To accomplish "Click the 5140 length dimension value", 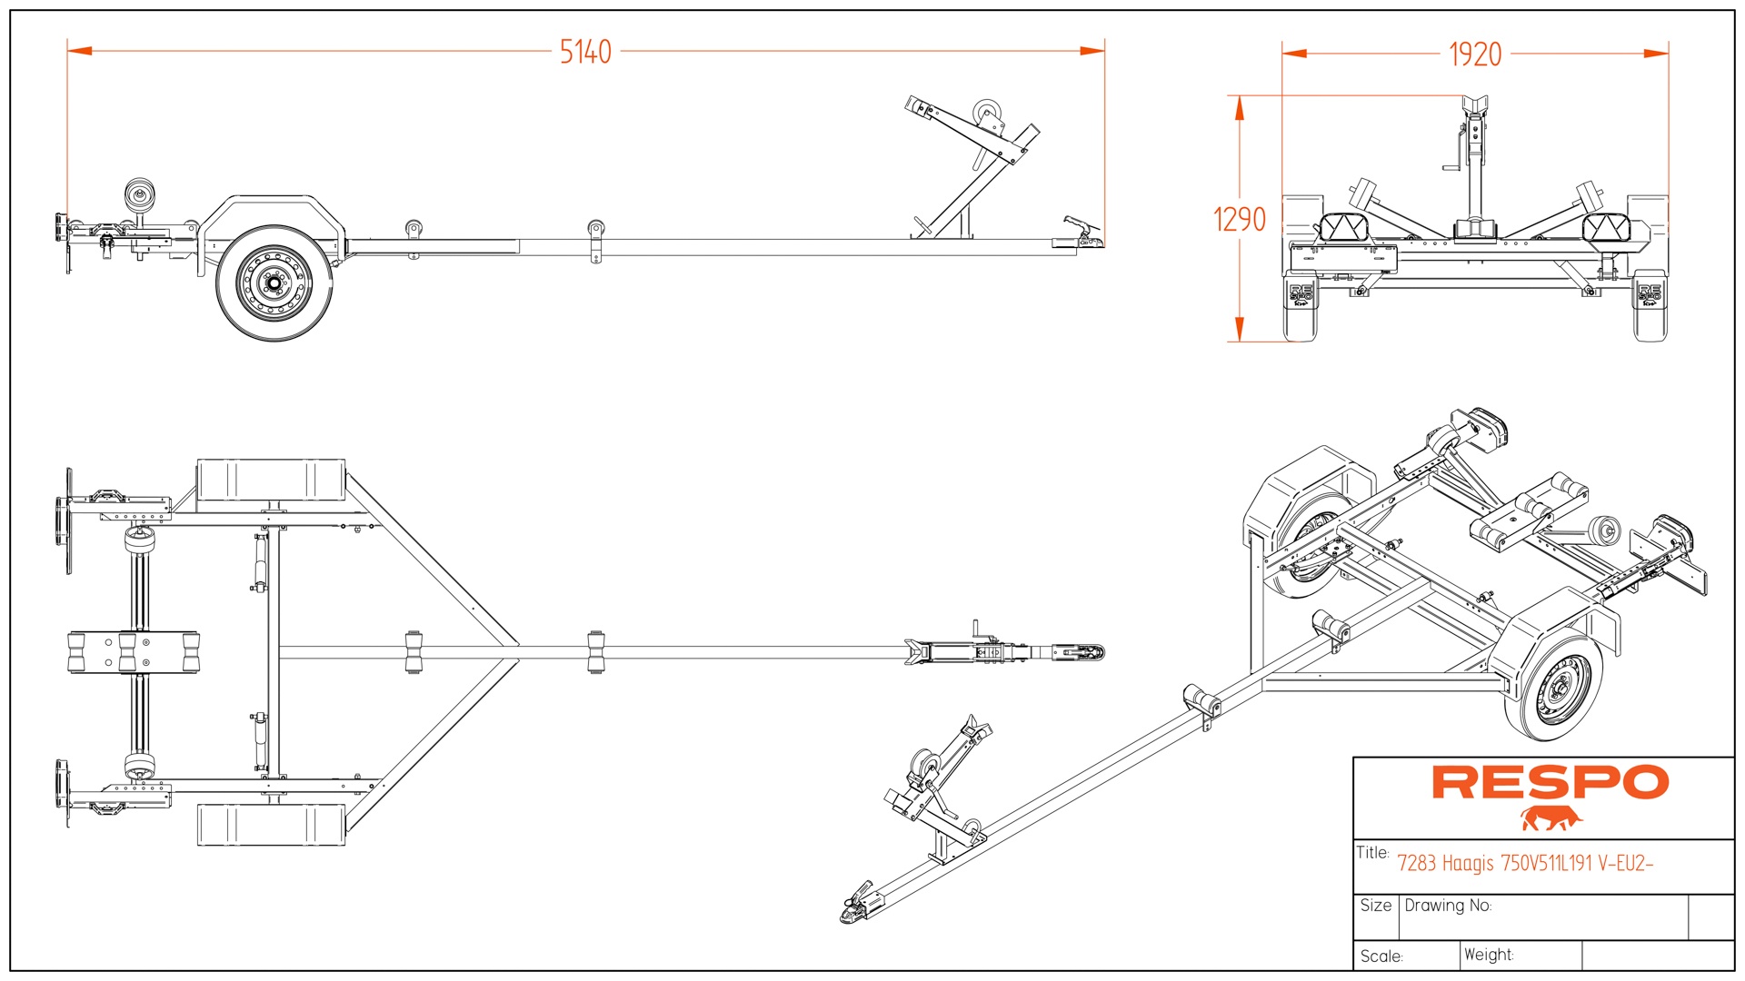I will tap(585, 53).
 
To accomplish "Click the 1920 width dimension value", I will tap(1474, 55).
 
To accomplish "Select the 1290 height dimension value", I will tap(1239, 219).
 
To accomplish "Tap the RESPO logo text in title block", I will tap(1550, 782).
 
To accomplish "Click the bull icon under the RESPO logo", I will tap(1551, 818).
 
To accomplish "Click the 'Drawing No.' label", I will tap(1448, 906).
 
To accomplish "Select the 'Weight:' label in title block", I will tap(1489, 955).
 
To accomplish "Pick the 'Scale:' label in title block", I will tap(1381, 956).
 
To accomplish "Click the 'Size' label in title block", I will tap(1375, 906).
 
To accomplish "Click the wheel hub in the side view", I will tap(273, 283).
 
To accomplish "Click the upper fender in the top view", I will tap(271, 480).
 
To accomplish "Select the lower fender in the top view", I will tap(271, 825).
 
